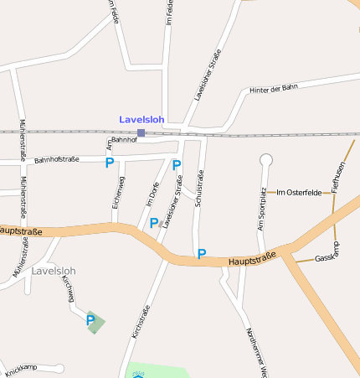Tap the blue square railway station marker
point(141,132)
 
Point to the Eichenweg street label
point(119,192)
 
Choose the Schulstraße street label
point(199,189)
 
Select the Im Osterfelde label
point(299,193)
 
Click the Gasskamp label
point(327,255)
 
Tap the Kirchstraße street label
point(141,323)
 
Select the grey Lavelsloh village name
point(54,272)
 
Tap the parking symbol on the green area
point(90,319)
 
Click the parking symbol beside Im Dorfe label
point(154,223)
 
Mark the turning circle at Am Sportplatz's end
point(266,159)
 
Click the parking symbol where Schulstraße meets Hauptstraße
point(201,253)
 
